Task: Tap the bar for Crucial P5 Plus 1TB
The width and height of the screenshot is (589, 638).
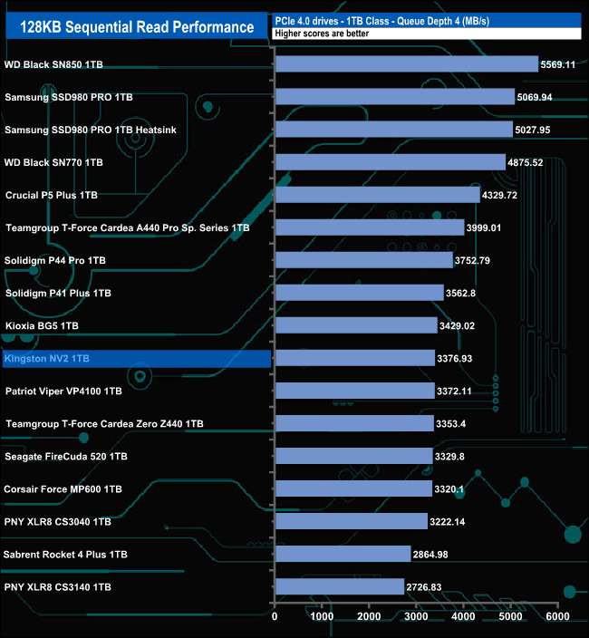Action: [x=377, y=195]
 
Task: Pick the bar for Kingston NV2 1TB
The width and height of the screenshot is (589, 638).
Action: [x=354, y=359]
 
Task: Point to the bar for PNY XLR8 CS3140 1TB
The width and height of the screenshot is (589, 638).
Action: [x=339, y=587]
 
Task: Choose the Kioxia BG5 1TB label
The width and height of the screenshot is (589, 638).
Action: [x=42, y=326]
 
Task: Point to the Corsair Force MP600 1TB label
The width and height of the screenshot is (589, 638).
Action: [x=63, y=489]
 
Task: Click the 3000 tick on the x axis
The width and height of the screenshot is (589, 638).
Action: [x=416, y=617]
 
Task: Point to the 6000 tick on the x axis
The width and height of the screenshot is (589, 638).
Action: [x=556, y=617]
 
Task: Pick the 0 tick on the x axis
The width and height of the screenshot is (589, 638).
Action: [x=275, y=617]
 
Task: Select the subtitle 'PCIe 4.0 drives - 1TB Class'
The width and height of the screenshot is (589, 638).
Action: [x=332, y=20]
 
